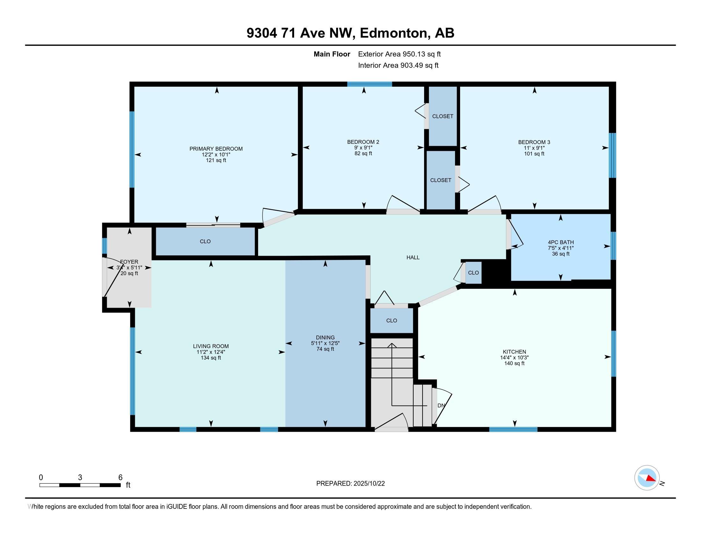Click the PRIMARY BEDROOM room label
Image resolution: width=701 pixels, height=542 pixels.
[x=216, y=149]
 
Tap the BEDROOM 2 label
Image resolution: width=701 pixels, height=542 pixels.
[x=363, y=142]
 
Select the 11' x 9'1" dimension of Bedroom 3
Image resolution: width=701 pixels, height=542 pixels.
[x=534, y=148]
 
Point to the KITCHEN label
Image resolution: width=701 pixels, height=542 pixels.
[x=514, y=352]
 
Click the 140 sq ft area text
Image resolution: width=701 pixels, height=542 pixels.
[x=514, y=363]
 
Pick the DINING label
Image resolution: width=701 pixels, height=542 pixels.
[x=325, y=337]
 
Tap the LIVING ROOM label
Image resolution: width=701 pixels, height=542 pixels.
[x=211, y=346]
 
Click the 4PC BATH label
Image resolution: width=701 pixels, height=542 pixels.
[x=561, y=242]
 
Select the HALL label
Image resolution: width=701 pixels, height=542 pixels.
[x=413, y=258]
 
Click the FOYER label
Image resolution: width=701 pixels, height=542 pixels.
[x=129, y=262]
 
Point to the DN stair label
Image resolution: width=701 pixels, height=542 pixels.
[x=441, y=406]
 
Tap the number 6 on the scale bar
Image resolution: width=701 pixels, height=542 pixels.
[x=120, y=478]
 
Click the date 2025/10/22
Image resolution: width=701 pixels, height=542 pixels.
[x=368, y=484]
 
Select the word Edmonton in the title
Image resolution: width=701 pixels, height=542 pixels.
[x=395, y=33]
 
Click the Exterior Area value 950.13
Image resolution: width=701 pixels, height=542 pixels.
[x=413, y=54]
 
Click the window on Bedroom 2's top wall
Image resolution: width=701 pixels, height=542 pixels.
[x=369, y=84]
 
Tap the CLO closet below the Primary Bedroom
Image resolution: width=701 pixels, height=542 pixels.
[x=205, y=241]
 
